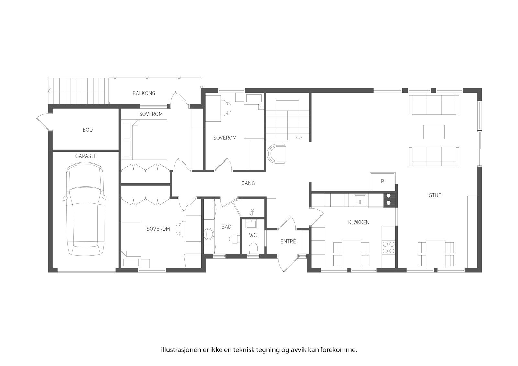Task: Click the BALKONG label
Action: pyautogui.click(x=144, y=93)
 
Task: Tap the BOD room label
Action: pyautogui.click(x=87, y=130)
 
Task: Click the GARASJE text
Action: pyautogui.click(x=86, y=156)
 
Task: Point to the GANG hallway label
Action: pyautogui.click(x=248, y=183)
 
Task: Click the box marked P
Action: pyautogui.click(x=382, y=182)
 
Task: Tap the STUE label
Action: pyautogui.click(x=435, y=195)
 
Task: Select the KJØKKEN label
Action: pyautogui.click(x=359, y=222)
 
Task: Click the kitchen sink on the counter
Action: pyautogui.click(x=360, y=200)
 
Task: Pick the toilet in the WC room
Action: pyautogui.click(x=253, y=249)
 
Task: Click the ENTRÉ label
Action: pyautogui.click(x=288, y=241)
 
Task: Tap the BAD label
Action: pyautogui.click(x=226, y=227)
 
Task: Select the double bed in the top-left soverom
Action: pyautogui.click(x=149, y=139)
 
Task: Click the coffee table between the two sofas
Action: pyautogui.click(x=434, y=131)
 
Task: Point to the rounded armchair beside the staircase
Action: pyautogui.click(x=277, y=153)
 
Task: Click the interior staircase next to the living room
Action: pyautogui.click(x=287, y=120)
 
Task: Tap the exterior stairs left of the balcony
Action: pyautogui.click(x=78, y=90)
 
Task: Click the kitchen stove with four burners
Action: pyautogui.click(x=388, y=247)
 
